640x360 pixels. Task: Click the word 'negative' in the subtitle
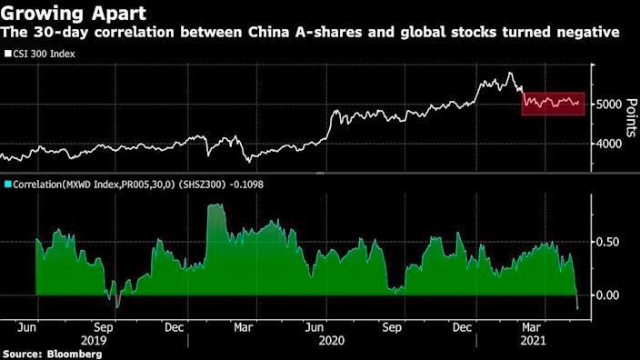point(588,33)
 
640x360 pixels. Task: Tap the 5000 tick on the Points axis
point(609,105)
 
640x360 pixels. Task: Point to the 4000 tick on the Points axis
point(609,144)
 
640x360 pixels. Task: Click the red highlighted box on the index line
point(552,104)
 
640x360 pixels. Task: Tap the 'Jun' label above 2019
point(27,325)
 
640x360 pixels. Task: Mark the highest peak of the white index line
point(511,74)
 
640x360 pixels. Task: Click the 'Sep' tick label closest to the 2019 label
point(103,325)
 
